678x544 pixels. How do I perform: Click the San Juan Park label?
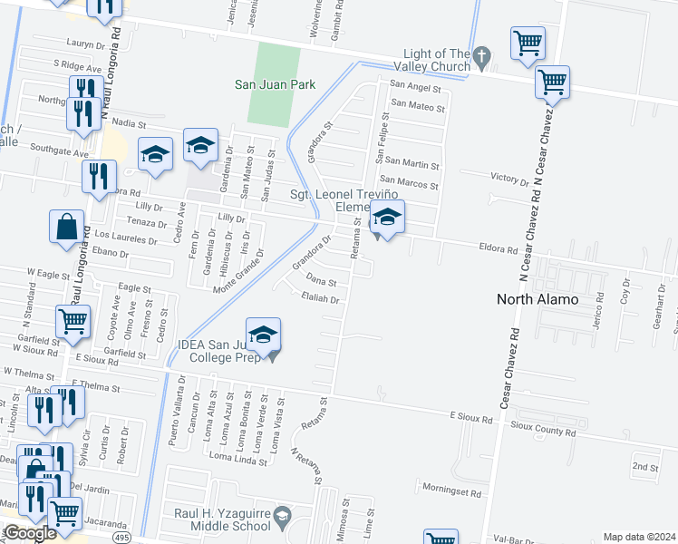pos(275,84)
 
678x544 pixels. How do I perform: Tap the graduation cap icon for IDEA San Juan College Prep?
pos(263,335)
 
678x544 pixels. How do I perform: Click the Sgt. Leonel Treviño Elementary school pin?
pos(387,219)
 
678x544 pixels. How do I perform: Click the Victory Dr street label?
pos(508,180)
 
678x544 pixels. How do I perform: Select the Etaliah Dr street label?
pos(321,298)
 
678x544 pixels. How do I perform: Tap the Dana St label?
pos(322,282)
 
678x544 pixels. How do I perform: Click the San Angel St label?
pos(414,88)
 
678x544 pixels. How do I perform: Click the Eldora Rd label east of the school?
pos(498,248)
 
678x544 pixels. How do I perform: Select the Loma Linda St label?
pos(237,456)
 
